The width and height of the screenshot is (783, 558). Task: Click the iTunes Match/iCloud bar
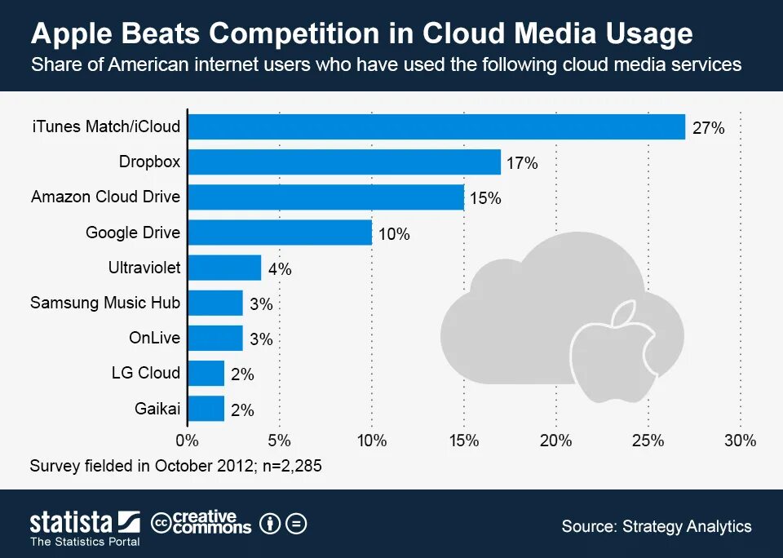point(436,127)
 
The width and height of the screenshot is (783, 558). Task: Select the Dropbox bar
point(344,162)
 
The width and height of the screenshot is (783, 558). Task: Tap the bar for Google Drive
point(280,233)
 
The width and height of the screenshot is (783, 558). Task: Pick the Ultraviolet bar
point(224,268)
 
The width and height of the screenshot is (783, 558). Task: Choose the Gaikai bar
point(206,408)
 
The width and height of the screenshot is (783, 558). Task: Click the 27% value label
point(708,128)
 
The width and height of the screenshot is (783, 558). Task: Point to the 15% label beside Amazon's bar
point(485,198)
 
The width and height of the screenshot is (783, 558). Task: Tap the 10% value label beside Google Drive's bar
point(393,234)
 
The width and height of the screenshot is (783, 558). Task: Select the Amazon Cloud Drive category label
point(105,197)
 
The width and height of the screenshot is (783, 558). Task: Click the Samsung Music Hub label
point(105,303)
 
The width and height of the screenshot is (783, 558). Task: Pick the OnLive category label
point(154,338)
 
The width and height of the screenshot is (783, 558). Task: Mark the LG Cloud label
point(145,373)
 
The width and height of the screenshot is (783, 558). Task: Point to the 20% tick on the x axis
point(556,441)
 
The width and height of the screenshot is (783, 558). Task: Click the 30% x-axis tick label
point(741,441)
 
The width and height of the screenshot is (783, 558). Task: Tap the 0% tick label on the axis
point(188,441)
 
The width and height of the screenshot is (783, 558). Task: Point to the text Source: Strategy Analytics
point(657,526)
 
